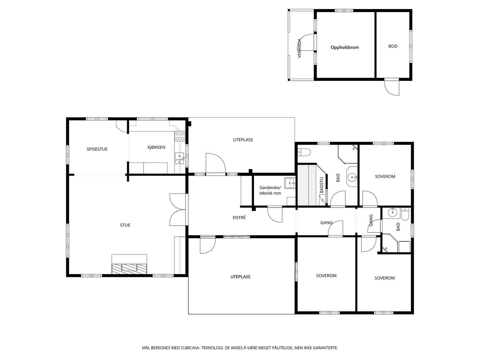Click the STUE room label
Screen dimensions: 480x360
coord(125,225)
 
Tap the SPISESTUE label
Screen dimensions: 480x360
coord(97,149)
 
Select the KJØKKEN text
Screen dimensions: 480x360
coord(156,147)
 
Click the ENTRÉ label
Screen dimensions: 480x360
coord(239,217)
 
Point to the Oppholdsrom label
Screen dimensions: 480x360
coord(345,47)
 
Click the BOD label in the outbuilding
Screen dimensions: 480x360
coord(393,46)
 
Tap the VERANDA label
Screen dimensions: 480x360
coord(299,48)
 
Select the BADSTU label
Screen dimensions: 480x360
coord(321,185)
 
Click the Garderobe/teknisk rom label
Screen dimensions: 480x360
coord(270,190)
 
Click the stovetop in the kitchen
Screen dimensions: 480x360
coord(180,136)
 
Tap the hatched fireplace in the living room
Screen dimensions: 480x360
coord(129,268)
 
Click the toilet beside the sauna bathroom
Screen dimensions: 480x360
coord(304,152)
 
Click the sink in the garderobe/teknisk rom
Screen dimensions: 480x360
coord(290,183)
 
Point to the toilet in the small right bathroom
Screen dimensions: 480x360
coord(405,214)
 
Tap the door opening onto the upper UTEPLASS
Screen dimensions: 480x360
coord(216,163)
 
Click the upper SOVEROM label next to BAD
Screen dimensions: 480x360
coord(385,176)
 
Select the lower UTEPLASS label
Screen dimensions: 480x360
coord(240,277)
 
